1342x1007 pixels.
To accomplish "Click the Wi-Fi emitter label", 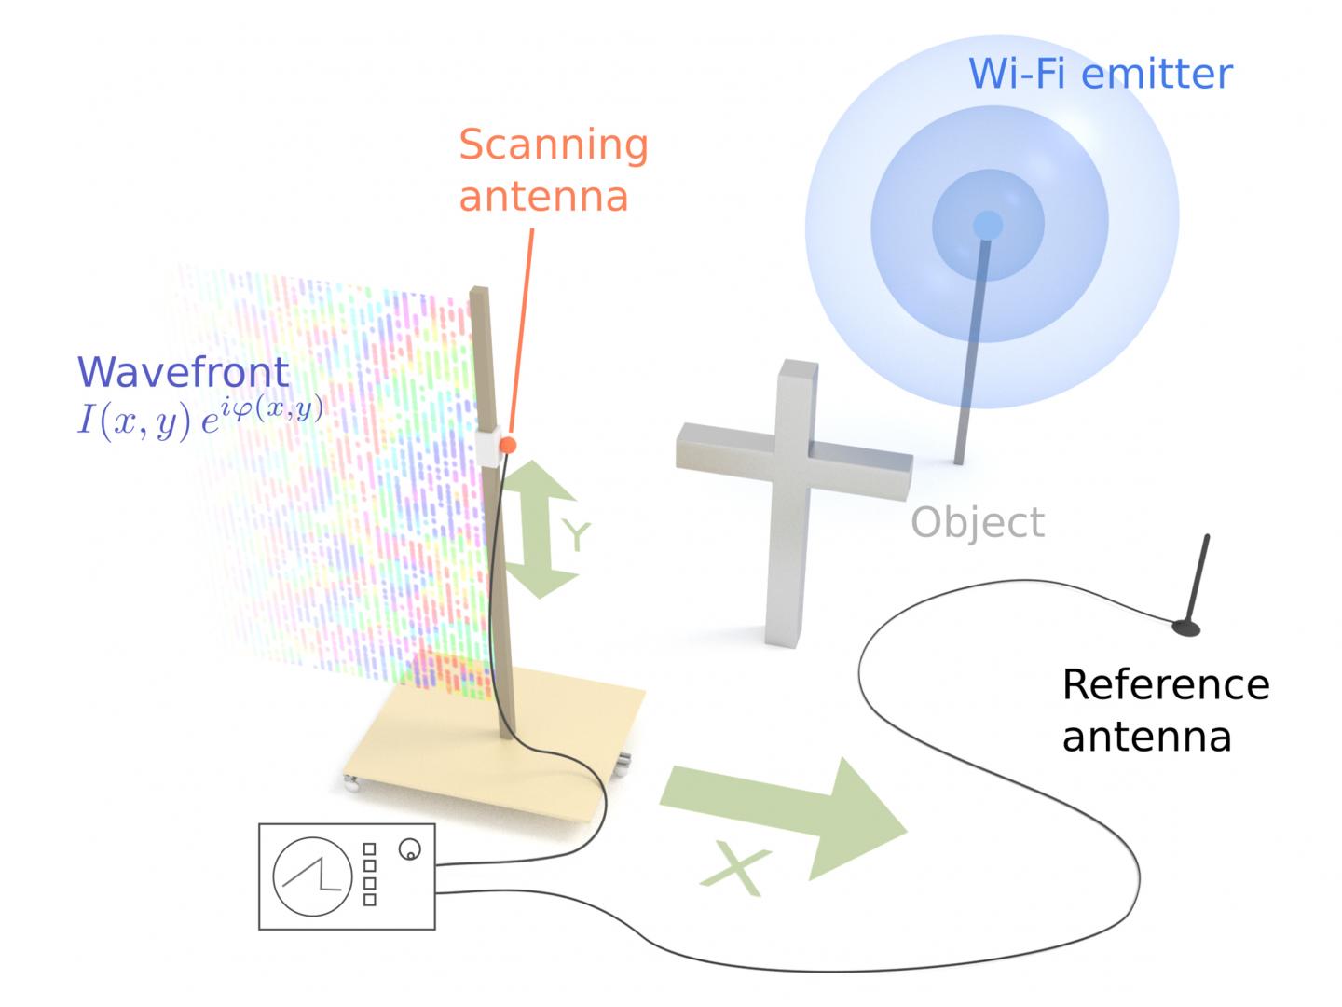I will [1101, 73].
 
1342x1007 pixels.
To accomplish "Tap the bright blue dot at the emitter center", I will [987, 225].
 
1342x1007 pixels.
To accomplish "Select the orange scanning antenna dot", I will [507, 446].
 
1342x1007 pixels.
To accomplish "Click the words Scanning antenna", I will [552, 170].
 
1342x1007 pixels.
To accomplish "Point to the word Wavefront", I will [184, 372].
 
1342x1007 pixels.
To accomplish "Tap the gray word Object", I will [977, 522].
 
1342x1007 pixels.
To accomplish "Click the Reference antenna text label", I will [1165, 710].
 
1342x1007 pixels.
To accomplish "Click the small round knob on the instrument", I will [409, 849].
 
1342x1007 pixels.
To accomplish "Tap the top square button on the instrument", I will [369, 848].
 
